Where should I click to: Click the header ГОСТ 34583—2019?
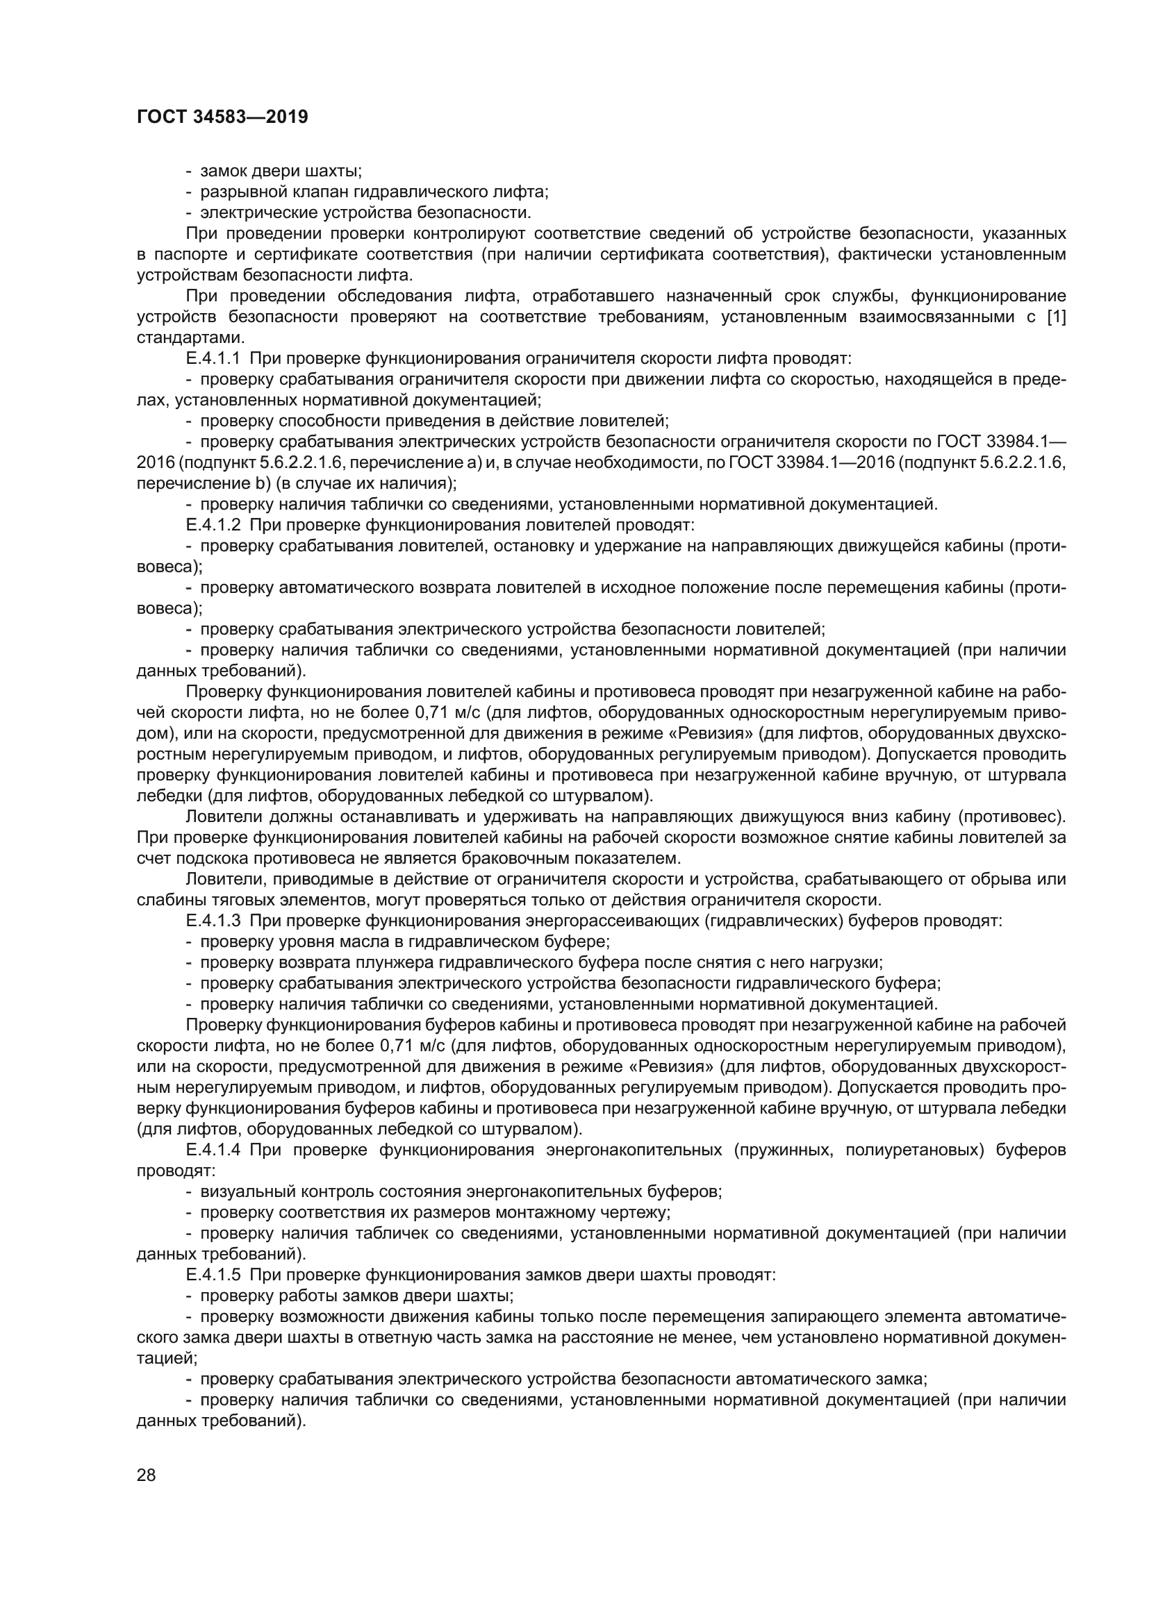[222, 117]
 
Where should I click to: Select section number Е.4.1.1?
[213, 358]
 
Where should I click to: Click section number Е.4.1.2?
[213, 526]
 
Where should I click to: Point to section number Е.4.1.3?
[213, 921]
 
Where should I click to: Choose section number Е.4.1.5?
[213, 1275]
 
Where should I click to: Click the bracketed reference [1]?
[1055, 317]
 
